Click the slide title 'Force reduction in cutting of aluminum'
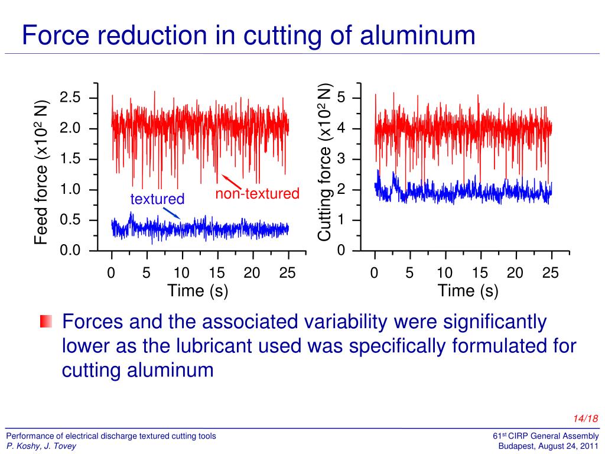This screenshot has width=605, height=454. pyautogui.click(x=248, y=35)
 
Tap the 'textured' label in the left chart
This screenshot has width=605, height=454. pyautogui.click(x=157, y=199)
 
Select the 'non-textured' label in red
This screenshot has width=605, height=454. pyautogui.click(x=257, y=194)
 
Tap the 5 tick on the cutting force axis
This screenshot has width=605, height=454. pyautogui.click(x=341, y=98)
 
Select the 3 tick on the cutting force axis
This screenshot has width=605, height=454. pyautogui.click(x=341, y=160)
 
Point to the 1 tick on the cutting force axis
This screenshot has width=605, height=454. pyautogui.click(x=341, y=220)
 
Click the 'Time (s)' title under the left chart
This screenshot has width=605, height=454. pyautogui.click(x=197, y=291)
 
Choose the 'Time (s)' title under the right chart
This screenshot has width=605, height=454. pyautogui.click(x=468, y=291)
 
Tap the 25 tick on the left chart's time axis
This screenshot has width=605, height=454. pyautogui.click(x=288, y=273)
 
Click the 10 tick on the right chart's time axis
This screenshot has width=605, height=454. pyautogui.click(x=445, y=273)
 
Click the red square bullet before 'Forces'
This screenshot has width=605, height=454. pyautogui.click(x=46, y=322)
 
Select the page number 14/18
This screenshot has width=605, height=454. pyautogui.click(x=586, y=419)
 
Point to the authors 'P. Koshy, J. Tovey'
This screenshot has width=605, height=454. pyautogui.click(x=41, y=446)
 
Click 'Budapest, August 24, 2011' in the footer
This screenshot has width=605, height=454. pyautogui.click(x=549, y=446)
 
